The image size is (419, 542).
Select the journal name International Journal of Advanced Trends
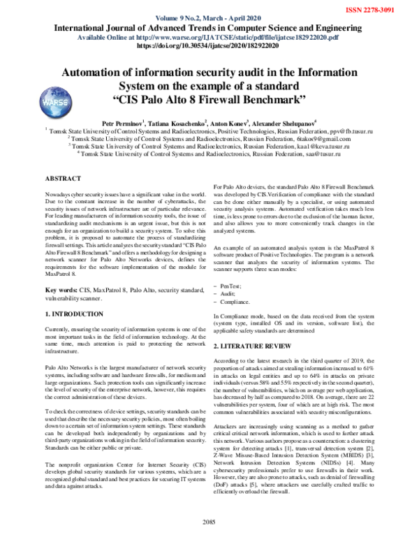click(x=209, y=28)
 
